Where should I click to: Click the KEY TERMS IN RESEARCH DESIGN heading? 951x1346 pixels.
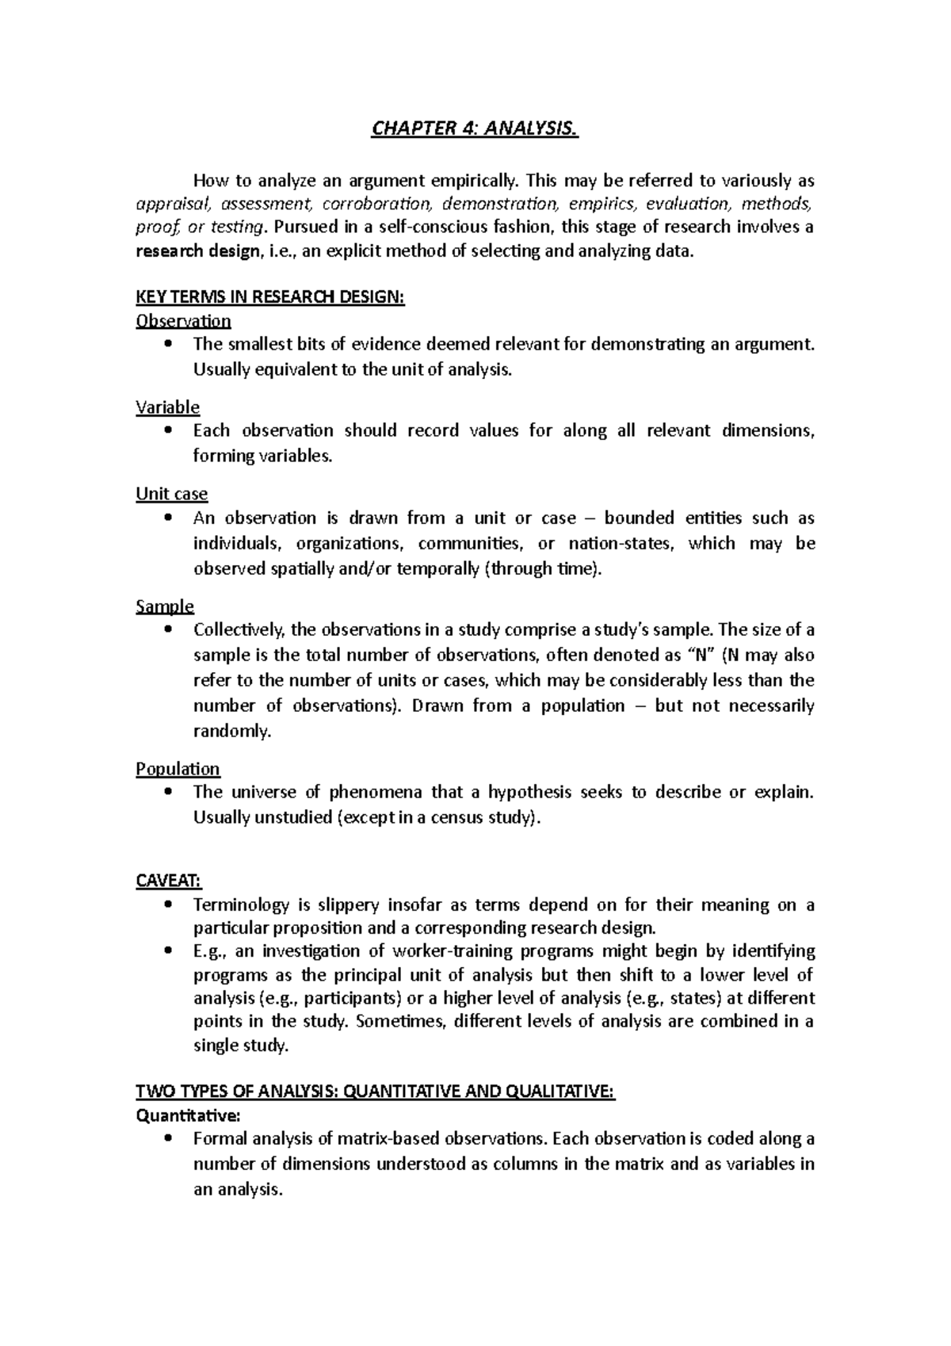(270, 298)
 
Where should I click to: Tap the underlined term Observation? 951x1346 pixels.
(183, 321)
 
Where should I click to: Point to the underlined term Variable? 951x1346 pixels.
(167, 407)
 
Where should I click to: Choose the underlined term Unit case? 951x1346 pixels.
(171, 494)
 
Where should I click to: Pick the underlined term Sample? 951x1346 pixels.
(165, 606)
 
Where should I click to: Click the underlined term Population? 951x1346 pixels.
(178, 769)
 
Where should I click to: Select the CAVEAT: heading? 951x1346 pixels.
(169, 881)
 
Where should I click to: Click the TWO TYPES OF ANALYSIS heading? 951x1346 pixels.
(376, 1092)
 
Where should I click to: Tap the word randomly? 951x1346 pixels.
(232, 732)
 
